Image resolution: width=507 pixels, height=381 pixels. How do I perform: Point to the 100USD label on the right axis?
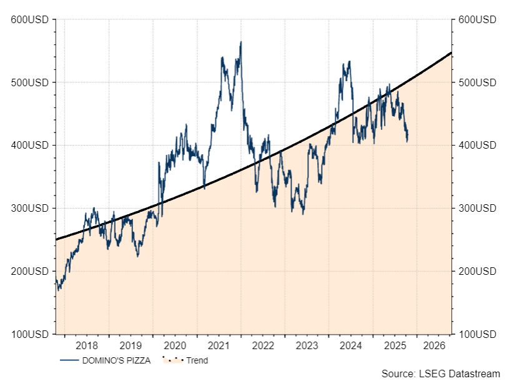tap(476, 334)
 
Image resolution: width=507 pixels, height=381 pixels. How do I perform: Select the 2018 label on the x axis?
tap(86, 345)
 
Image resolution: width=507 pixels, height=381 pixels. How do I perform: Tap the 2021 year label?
tap(219, 345)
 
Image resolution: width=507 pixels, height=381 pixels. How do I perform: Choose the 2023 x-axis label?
tap(307, 345)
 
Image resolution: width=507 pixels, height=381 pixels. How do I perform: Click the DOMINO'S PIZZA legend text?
tap(116, 360)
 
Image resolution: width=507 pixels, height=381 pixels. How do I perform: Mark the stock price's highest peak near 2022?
tap(241, 42)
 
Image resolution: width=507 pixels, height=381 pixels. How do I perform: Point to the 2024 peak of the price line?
tap(349, 61)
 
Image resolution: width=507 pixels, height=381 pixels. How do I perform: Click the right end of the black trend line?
tap(451, 53)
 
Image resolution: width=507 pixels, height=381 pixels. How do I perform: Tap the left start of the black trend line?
tap(56, 239)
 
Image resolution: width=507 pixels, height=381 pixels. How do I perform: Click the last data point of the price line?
tap(408, 139)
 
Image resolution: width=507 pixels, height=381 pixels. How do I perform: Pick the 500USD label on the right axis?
tap(476, 83)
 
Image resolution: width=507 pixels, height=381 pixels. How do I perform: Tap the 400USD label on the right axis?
tap(476, 146)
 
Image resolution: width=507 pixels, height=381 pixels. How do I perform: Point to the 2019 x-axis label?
tap(130, 345)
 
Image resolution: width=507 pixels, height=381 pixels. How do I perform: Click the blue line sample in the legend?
tap(69, 360)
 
